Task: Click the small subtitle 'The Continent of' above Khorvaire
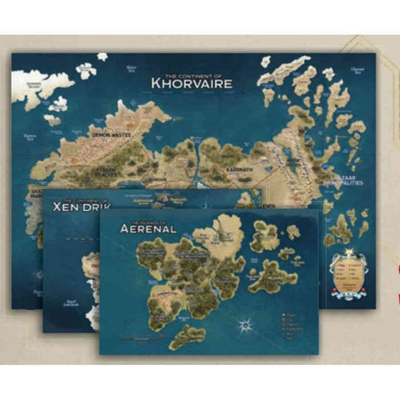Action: (x=190, y=71)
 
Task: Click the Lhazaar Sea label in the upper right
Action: (x=357, y=70)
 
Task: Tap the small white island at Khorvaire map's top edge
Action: (x=102, y=57)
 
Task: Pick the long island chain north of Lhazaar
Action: (x=287, y=64)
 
